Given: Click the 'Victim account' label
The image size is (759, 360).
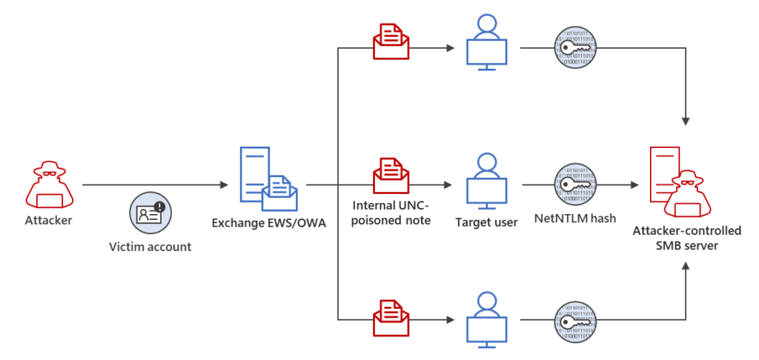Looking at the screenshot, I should pos(149,247).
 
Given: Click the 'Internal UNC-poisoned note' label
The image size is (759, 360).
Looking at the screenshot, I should pos(391,212).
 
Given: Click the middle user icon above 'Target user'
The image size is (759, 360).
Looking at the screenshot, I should pos(486,179).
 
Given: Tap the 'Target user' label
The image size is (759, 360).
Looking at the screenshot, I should pos(486,221).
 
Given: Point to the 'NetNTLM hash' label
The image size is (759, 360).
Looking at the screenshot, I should pos(575,220).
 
